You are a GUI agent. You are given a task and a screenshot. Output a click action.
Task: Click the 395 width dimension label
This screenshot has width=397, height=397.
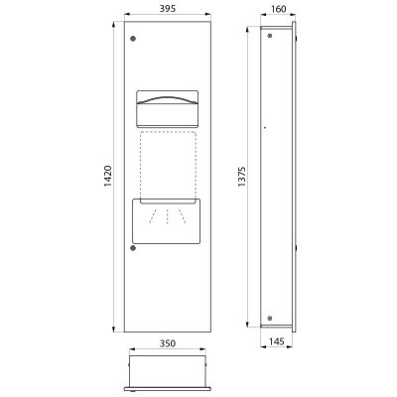pyautogui.click(x=168, y=9)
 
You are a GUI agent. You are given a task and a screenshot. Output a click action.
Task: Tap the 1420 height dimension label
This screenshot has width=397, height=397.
pyautogui.click(x=108, y=177)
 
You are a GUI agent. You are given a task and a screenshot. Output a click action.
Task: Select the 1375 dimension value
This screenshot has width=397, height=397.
pyautogui.click(x=242, y=177)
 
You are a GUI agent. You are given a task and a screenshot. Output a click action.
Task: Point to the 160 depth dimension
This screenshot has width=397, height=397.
pyautogui.click(x=278, y=9)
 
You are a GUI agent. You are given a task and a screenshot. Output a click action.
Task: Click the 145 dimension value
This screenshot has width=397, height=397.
pyautogui.click(x=277, y=341)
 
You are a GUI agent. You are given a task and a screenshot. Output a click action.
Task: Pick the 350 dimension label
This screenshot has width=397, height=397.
pyautogui.click(x=168, y=343)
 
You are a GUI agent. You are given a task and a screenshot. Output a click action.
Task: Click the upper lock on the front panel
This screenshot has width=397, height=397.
pyautogui.click(x=133, y=39)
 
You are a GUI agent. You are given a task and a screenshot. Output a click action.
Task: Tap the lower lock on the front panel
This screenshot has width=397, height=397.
pyautogui.click(x=133, y=248)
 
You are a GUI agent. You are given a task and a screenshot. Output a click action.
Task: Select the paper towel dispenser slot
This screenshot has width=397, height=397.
pyautogui.click(x=168, y=109)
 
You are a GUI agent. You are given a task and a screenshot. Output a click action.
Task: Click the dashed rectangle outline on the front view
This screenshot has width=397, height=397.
pyautogui.click(x=141, y=166)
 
